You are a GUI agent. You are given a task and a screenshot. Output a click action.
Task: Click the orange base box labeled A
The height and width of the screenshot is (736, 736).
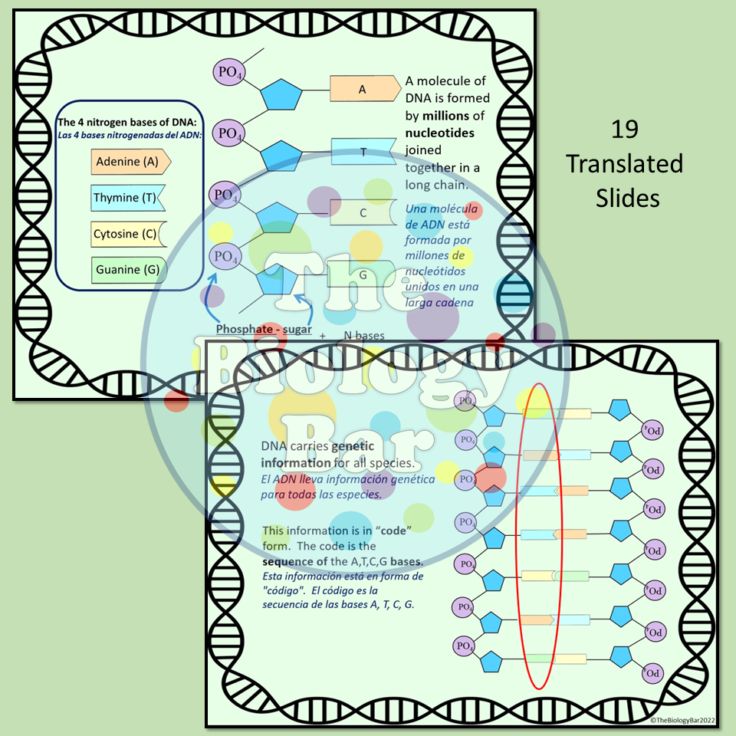[363, 89]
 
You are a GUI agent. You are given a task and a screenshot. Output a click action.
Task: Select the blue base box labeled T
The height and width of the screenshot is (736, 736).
[363, 152]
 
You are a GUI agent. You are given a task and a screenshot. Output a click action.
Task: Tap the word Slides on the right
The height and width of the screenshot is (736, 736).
[628, 198]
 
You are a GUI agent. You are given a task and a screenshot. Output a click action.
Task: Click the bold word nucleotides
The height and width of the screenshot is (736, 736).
[440, 133]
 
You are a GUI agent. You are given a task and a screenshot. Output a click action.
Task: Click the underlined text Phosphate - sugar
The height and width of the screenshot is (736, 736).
[264, 330]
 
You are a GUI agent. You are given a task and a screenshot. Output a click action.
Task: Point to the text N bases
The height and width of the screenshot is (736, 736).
[363, 336]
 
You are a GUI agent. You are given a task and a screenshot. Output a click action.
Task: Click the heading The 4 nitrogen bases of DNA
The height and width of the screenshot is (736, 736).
[127, 123]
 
